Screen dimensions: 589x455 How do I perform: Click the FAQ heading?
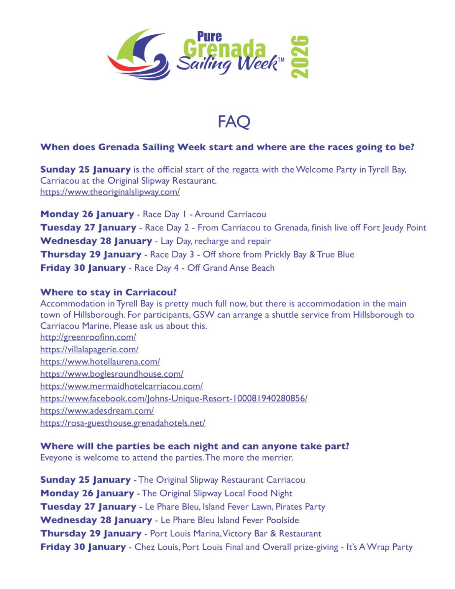(233, 122)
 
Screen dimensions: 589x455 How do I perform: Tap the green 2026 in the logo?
(299, 56)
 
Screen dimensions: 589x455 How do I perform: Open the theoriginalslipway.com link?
(110, 192)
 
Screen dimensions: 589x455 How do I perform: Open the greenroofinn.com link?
(88, 337)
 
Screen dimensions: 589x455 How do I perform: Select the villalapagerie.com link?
(89, 349)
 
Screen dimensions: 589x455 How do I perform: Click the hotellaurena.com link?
(100, 362)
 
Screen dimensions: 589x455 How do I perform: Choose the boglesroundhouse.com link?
(112, 374)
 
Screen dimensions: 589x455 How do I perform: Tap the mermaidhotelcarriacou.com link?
(122, 386)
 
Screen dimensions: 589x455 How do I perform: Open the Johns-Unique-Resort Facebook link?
(174, 398)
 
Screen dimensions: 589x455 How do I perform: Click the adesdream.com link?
(97, 411)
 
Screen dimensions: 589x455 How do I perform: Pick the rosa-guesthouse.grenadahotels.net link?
(123, 423)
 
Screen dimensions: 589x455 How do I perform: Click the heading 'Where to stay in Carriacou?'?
(108, 292)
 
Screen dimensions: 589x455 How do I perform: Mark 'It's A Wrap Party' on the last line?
(379, 547)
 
